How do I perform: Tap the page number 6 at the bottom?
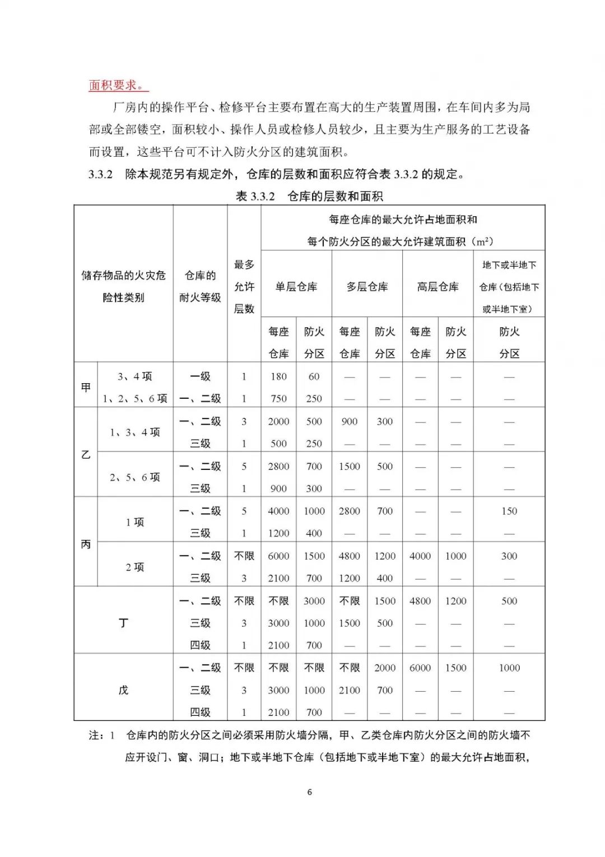coord(310,792)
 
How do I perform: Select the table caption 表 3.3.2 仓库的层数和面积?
coord(309,196)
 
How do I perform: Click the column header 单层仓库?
coord(296,287)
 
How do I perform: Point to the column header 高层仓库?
coord(438,287)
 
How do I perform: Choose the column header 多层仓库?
coord(367,287)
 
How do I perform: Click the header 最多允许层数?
coord(244,286)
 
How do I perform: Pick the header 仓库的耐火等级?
coord(200,286)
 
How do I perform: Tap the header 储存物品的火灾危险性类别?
coord(123,286)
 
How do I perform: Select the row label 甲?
coord(86,387)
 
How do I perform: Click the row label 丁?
coord(123,623)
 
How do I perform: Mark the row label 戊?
coord(123,690)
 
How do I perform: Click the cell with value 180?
coord(278,376)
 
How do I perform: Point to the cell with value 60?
coord(314,376)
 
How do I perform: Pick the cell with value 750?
coord(278,399)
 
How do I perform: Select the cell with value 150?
coord(509,511)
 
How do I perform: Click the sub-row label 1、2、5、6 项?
coord(135,399)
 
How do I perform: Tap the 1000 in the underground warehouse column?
coord(509,668)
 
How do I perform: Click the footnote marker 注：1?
coord(101,735)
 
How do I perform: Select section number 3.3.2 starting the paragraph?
coord(101,174)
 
